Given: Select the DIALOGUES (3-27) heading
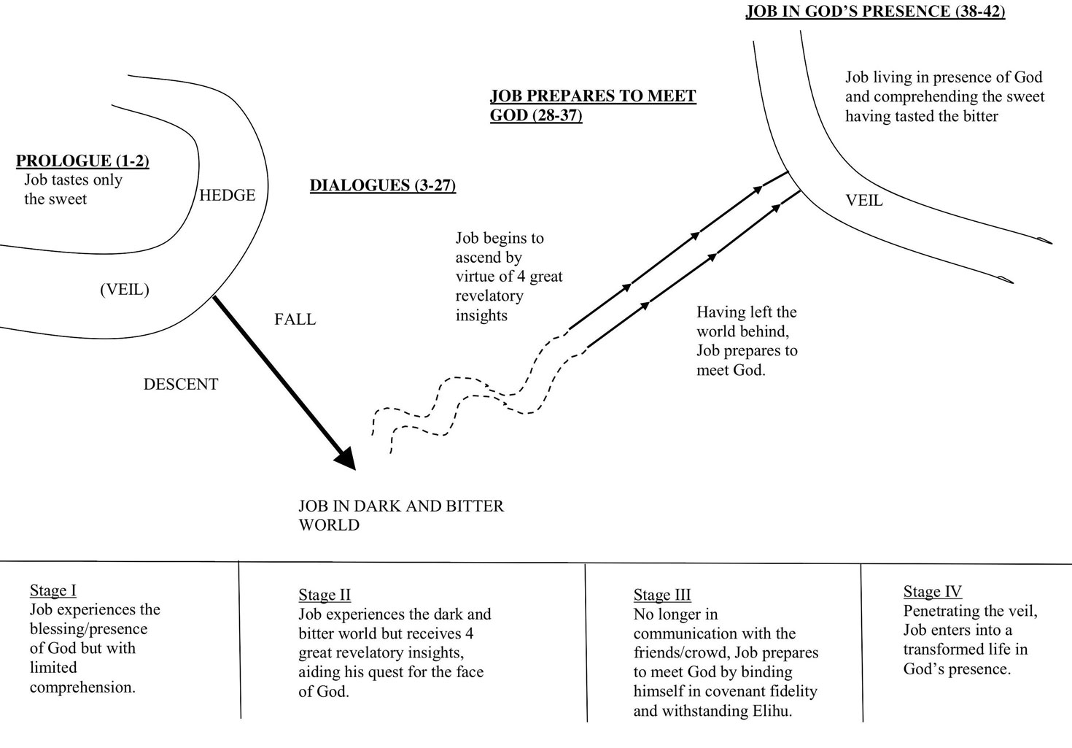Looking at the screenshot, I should [x=383, y=185].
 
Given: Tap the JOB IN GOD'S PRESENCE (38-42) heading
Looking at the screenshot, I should [x=875, y=12].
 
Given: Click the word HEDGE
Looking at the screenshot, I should [x=228, y=196].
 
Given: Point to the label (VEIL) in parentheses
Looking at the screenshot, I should [x=125, y=290].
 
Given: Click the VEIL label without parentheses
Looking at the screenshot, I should [x=864, y=200].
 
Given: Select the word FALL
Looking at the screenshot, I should [x=295, y=319].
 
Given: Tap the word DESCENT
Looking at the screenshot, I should [x=181, y=384].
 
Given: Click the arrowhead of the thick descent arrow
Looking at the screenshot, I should [x=346, y=460].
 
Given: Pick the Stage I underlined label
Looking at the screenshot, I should [x=53, y=590].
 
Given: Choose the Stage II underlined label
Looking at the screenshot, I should [x=325, y=595].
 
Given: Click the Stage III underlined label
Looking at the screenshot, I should [x=662, y=595].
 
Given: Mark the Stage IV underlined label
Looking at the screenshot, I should [x=933, y=591].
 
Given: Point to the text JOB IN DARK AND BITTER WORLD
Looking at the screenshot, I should [x=401, y=515].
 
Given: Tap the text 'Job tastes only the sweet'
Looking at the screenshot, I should [x=73, y=189].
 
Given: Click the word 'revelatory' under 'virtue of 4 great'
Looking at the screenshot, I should [x=489, y=296].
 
